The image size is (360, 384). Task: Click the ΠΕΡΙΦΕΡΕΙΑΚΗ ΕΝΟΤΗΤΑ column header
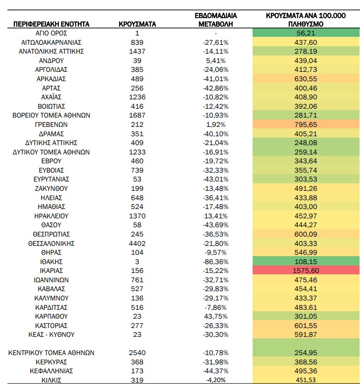(x=51, y=24)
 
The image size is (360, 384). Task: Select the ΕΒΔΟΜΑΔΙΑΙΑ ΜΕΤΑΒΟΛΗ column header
(x=216, y=20)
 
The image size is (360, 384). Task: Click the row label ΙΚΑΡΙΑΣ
(x=51, y=271)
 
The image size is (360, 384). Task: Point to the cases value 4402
(x=137, y=244)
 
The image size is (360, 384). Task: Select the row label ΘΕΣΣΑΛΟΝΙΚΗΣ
(x=51, y=244)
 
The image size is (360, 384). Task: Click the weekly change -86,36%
(x=216, y=262)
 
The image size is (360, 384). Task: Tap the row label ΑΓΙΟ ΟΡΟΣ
(x=51, y=33)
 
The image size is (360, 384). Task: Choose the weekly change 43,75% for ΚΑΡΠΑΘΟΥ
(x=216, y=316)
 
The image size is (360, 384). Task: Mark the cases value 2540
(x=137, y=353)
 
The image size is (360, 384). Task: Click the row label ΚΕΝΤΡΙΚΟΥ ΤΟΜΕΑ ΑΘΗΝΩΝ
(x=51, y=353)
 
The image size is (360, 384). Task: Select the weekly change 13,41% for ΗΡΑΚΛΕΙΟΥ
(x=216, y=216)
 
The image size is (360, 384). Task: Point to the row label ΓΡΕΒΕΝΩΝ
(x=51, y=125)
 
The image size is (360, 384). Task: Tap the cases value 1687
(x=137, y=115)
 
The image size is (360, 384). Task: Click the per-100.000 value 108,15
(x=305, y=262)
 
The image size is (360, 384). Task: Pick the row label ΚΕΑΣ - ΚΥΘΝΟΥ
(x=51, y=335)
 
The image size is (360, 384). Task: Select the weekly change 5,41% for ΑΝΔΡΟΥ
(x=216, y=61)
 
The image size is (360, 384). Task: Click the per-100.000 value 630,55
(x=305, y=79)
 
